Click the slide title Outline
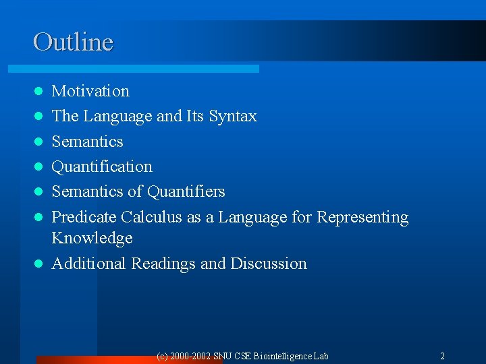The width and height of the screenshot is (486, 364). point(73,42)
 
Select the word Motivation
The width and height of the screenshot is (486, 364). point(90,91)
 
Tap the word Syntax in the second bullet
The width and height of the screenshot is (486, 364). point(233,117)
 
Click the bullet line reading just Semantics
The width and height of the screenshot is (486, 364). point(87,142)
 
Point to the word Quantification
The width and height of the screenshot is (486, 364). point(102,166)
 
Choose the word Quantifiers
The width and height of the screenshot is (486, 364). point(186,192)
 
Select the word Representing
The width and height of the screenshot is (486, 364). point(362,217)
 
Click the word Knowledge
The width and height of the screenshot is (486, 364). point(92,238)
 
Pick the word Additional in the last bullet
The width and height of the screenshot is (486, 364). point(89,264)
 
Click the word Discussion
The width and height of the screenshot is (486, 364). point(269,264)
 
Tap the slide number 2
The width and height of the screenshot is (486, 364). point(442,355)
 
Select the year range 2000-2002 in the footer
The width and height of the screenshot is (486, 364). point(192,356)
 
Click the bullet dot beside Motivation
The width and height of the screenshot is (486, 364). point(39,91)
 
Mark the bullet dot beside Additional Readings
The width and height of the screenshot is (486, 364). point(39,264)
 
